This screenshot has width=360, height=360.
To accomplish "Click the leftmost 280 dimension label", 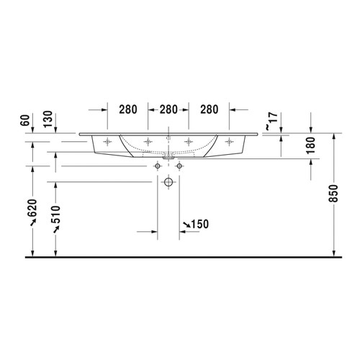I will (127, 110).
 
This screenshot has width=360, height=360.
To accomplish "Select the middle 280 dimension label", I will (168, 110).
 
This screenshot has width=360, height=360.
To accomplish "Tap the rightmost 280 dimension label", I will (208, 110).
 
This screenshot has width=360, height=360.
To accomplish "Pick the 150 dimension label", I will (199, 225).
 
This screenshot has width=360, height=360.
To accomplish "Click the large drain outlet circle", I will (168, 183).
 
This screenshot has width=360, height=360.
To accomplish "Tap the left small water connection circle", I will (156, 166).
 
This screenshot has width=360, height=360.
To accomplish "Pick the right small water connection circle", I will (179, 166).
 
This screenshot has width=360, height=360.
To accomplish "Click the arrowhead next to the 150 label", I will (184, 227).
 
